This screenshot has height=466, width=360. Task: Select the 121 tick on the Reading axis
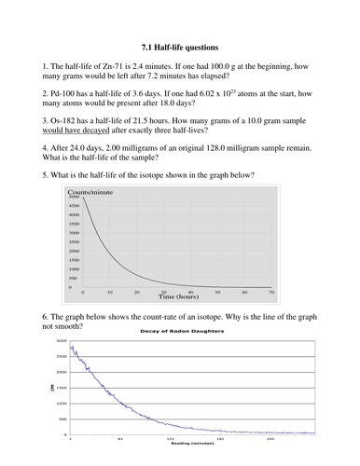(x=171, y=438)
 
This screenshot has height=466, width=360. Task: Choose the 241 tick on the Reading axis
(x=270, y=438)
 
